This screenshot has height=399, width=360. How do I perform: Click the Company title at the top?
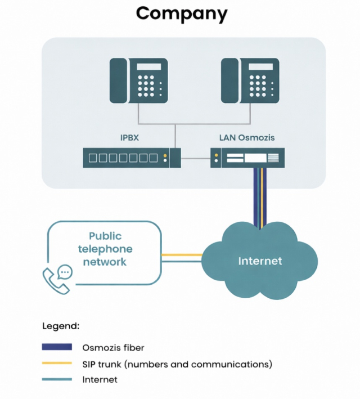[x=181, y=13]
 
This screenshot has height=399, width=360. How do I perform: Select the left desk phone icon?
[x=138, y=81]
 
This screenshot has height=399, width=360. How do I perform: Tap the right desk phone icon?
[x=250, y=81]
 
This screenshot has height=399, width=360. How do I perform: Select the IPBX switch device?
[x=132, y=157]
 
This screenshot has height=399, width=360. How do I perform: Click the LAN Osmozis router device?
[x=247, y=158]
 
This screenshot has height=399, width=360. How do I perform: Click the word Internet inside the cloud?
[x=260, y=261]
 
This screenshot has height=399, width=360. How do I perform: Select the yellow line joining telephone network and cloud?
[x=181, y=255]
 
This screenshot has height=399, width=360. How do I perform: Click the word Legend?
[x=61, y=326]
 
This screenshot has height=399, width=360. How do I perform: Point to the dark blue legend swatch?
[x=57, y=347]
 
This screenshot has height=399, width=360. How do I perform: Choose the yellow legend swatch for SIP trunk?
[x=57, y=364]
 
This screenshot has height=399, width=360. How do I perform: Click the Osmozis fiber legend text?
[x=113, y=348]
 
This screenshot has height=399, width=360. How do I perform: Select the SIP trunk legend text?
[x=177, y=364]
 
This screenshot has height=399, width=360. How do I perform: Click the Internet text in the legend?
[x=100, y=380]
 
